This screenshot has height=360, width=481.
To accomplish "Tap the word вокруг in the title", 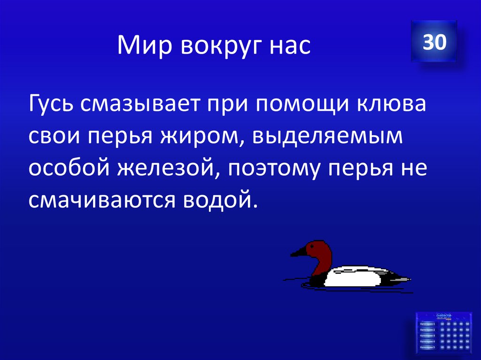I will point(214,46).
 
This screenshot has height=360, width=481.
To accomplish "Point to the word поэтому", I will point(280,168).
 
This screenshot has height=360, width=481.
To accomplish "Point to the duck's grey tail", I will point(399,278).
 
